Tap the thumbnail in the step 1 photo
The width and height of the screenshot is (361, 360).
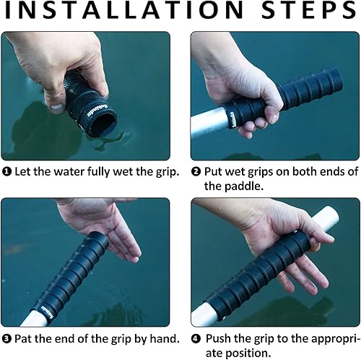(56, 109)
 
